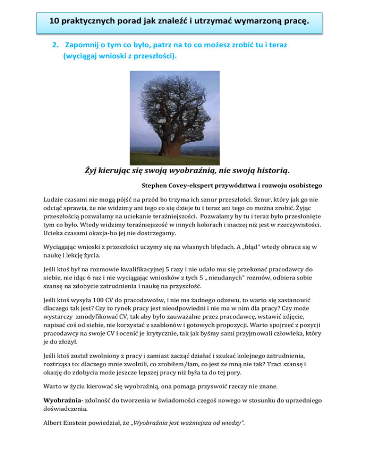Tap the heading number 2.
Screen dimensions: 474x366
[54, 44]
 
